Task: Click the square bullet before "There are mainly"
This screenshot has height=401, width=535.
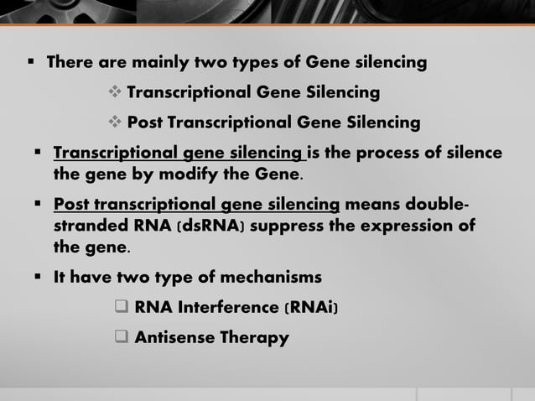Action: [29, 62]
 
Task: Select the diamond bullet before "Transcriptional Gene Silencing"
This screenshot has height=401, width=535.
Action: [116, 91]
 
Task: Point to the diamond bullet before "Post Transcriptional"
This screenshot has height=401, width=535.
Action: [116, 122]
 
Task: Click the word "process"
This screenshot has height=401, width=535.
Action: [395, 154]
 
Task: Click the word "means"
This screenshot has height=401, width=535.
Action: [374, 206]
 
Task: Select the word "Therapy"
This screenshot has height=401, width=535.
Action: [254, 338]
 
